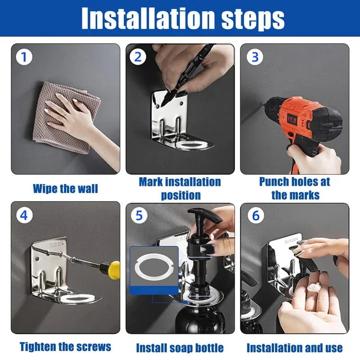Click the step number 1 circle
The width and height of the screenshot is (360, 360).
click(24, 57)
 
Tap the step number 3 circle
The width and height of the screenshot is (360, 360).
click(255, 57)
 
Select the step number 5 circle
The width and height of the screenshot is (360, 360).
click(139, 216)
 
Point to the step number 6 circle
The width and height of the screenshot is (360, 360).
click(256, 216)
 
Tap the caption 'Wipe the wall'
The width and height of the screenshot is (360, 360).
click(65, 189)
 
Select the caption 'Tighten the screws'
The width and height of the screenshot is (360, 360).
click(65, 346)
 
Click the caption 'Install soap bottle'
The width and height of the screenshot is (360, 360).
click(180, 348)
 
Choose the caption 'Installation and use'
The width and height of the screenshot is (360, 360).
click(295, 348)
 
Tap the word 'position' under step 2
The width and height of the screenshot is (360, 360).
click(181, 195)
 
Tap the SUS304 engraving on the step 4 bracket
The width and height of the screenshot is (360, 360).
click(57, 244)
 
